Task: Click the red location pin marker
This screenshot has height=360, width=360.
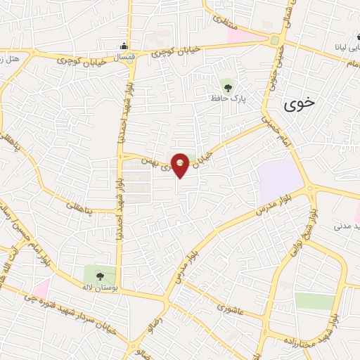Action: click(x=181, y=165)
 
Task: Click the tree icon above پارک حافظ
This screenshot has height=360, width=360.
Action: click(x=226, y=86)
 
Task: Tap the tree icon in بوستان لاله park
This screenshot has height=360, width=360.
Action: click(x=98, y=276)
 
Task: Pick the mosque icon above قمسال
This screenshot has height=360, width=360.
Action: click(x=124, y=45)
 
